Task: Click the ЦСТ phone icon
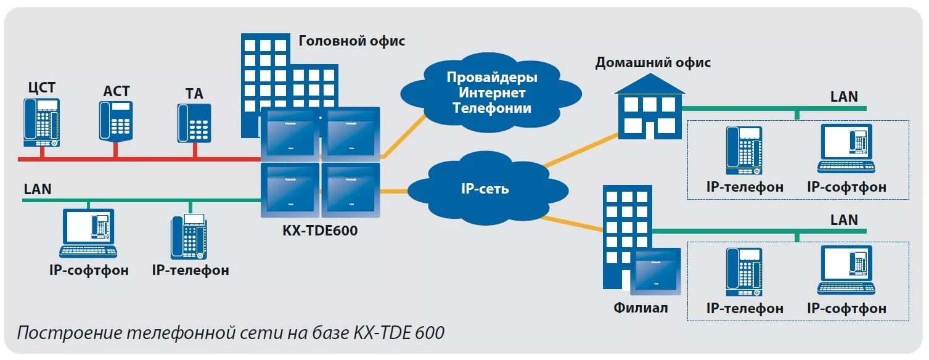pos(42,122)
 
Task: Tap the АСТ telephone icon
pos(116,120)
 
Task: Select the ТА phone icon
pos(195,123)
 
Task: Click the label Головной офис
pos(352,41)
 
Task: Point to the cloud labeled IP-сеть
pos(485,189)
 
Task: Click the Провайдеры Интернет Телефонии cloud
pos(491,93)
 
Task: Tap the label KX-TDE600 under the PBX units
pos(320,231)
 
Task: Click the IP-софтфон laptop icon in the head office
pos(88,233)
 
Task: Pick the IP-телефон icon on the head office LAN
pos(189,237)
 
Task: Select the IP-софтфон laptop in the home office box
pos(846,149)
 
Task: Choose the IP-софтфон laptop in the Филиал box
pos(846,270)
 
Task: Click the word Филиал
pos(640,308)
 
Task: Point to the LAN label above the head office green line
pos(38,189)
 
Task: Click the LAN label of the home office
pos(844,97)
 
